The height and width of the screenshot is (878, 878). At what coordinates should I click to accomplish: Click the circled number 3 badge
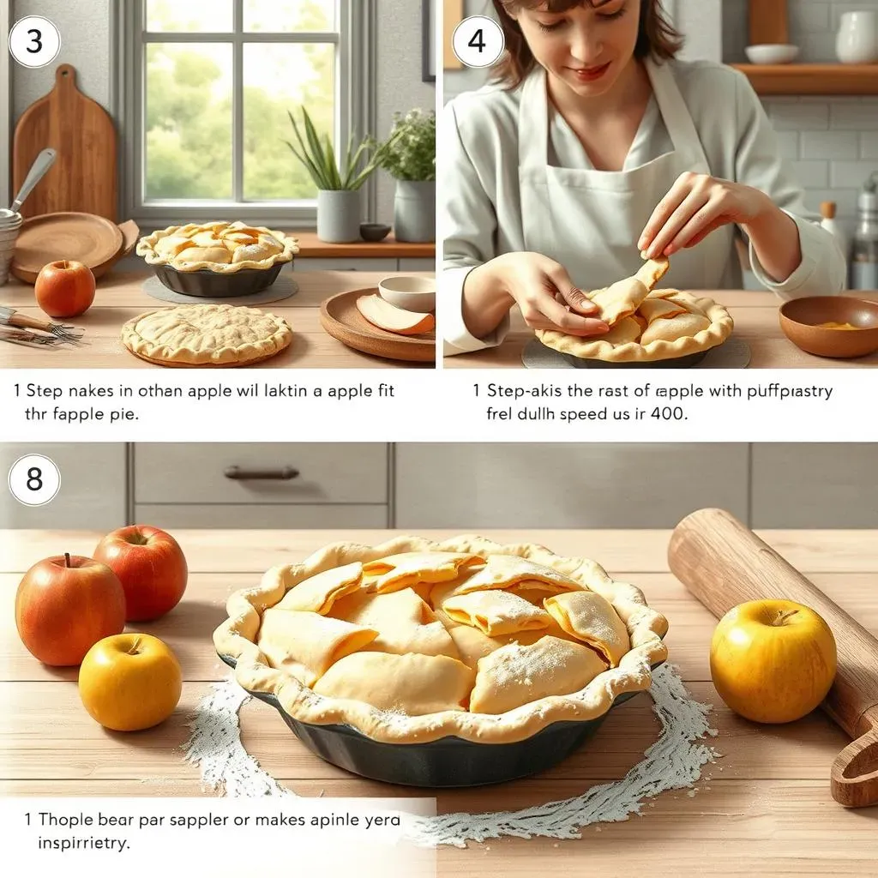[x=34, y=41]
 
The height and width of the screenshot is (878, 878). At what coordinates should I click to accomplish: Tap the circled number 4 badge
[x=478, y=41]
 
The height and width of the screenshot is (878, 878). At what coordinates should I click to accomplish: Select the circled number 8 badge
[x=34, y=479]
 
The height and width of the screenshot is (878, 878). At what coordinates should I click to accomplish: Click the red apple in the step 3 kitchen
[x=64, y=288]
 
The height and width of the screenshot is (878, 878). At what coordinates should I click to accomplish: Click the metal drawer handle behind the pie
[x=262, y=472]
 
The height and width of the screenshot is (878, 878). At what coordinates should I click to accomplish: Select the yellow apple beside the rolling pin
[x=773, y=660]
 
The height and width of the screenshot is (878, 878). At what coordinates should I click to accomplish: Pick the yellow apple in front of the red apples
[x=129, y=682]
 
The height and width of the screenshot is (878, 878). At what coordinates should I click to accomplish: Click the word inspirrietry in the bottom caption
[x=83, y=842]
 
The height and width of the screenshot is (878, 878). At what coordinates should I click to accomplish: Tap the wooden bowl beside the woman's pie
[x=827, y=325]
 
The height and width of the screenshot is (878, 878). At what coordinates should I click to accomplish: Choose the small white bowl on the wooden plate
[x=407, y=292]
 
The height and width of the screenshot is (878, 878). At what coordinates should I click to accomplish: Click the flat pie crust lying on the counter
[x=206, y=334]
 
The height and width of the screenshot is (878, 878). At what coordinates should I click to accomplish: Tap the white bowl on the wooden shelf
[x=773, y=53]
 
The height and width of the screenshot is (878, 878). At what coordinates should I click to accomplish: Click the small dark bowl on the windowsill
[x=375, y=232]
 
